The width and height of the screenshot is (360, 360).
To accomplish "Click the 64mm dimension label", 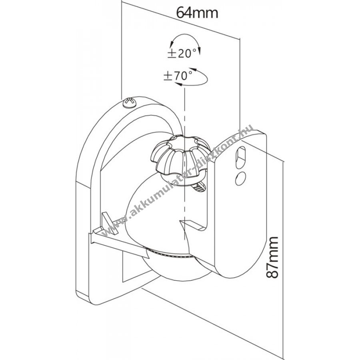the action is [197, 13].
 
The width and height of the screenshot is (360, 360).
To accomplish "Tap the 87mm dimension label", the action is [272, 257].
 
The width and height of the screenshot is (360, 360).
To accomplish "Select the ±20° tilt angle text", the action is [182, 54].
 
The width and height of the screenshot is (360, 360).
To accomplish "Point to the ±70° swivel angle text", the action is [178, 76].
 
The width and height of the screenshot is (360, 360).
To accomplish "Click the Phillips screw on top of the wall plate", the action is [130, 102].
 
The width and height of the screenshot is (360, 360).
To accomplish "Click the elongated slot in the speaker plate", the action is [240, 158].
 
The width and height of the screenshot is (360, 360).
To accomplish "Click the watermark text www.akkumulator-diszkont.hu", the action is [178, 181].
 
